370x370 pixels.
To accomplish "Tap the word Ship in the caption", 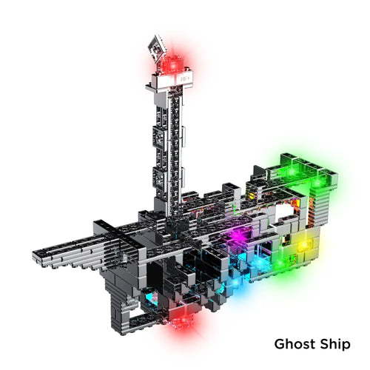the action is point(335,345).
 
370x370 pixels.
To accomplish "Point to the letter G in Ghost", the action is point(280,344).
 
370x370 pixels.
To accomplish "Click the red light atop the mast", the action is point(173,64).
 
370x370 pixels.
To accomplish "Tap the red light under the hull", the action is point(183,320).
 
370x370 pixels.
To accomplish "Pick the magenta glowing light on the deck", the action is point(238,235).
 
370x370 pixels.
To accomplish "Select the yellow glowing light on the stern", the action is point(304,245).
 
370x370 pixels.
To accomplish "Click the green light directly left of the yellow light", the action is point(279,264).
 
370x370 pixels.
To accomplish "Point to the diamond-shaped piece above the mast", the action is point(156,48).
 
